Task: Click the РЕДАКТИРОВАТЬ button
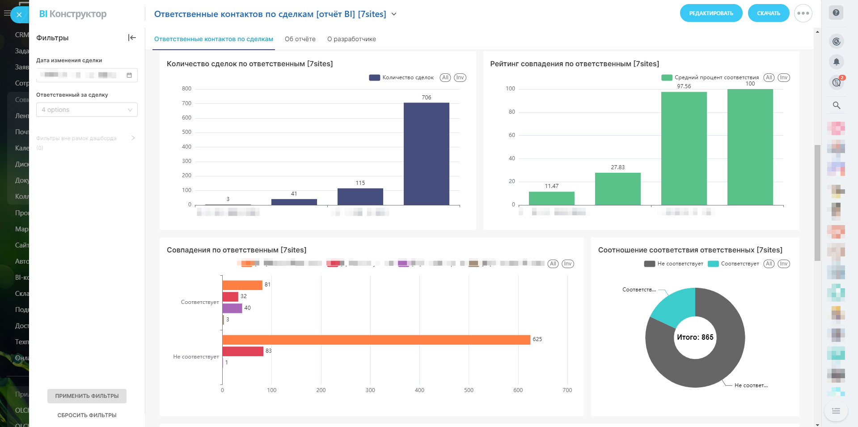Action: point(711,13)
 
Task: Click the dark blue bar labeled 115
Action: point(360,196)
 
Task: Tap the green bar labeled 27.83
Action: point(617,188)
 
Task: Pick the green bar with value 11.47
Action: point(551,198)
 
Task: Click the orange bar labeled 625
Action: point(376,340)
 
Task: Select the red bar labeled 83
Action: point(243,351)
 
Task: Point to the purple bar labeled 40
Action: point(232,308)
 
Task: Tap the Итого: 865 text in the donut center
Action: point(695,337)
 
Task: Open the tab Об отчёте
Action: point(300,39)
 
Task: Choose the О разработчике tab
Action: point(351,39)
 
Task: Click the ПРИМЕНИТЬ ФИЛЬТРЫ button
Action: point(87,396)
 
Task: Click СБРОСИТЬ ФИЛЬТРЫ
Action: point(87,415)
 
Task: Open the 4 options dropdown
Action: point(87,110)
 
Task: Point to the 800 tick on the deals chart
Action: point(186,89)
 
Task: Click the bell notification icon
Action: point(836,62)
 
